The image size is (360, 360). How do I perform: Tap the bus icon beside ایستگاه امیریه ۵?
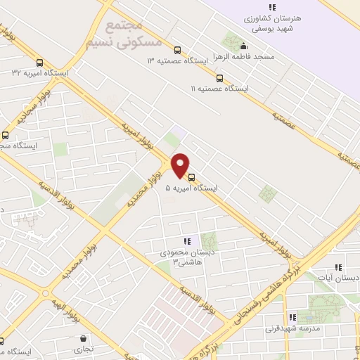tap(192, 177)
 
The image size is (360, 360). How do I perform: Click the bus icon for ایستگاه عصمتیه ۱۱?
tap(220, 78)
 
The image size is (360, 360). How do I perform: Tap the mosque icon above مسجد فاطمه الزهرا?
tap(243, 46)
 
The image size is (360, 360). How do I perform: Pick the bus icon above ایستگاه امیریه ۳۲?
tap(39, 61)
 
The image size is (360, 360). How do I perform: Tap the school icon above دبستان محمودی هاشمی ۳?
tap(187, 241)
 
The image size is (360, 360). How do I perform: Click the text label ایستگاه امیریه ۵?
tap(191, 188)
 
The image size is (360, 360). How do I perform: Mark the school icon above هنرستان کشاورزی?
tap(271, 8)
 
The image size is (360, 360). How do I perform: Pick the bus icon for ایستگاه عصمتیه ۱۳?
tap(177, 50)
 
